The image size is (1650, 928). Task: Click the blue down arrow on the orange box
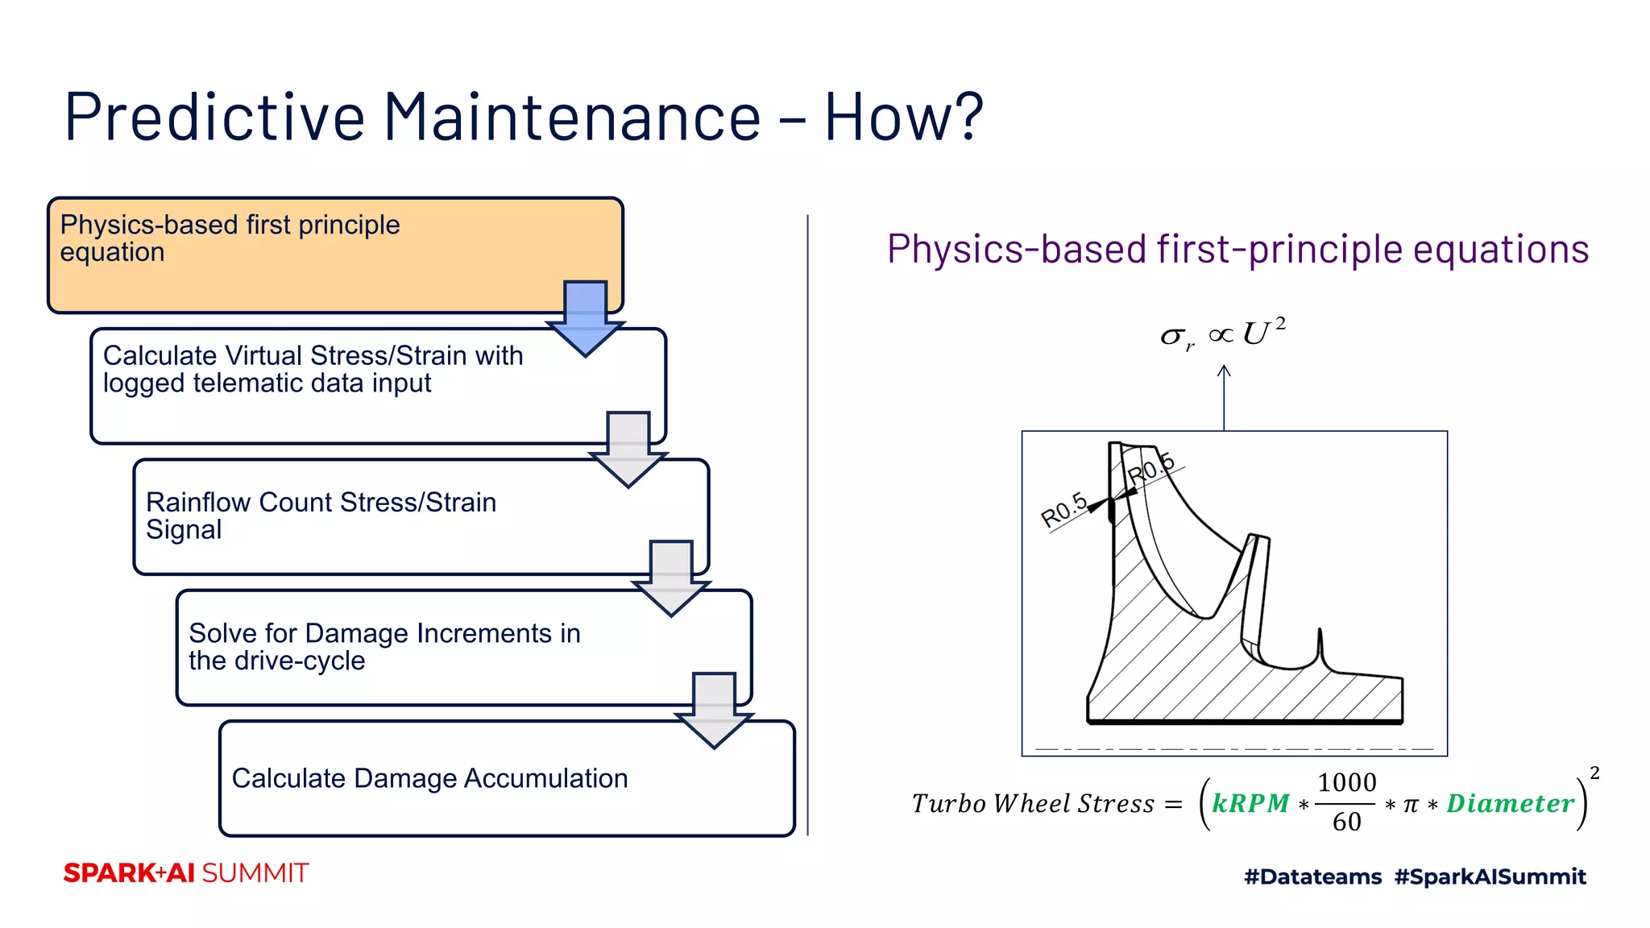point(586,317)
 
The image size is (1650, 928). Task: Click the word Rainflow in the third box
point(198,502)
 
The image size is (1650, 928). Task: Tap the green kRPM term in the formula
point(1250,803)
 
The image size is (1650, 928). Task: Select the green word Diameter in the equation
point(1510,803)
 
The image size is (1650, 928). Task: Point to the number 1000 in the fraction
point(1346,782)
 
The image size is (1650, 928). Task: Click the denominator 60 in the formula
point(1346,822)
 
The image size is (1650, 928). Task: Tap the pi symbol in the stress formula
point(1410,805)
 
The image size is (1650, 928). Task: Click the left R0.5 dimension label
point(1063,511)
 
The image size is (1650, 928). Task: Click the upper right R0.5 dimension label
point(1150,470)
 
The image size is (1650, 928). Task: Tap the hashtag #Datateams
point(1312,876)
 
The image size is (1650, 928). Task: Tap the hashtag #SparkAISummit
point(1490,876)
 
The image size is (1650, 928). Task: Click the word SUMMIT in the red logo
point(255,873)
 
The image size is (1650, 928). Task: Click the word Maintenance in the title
point(572,118)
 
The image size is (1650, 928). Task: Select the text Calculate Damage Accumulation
point(429,778)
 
